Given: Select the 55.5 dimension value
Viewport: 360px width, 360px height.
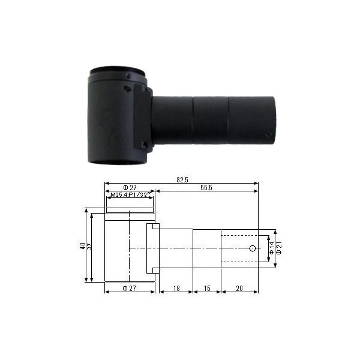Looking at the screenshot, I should pyautogui.click(x=207, y=188).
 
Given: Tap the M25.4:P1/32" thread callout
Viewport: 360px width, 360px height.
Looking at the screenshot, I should pyautogui.click(x=130, y=195).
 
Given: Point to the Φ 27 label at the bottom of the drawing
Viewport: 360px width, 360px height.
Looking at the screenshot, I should pyautogui.click(x=130, y=289).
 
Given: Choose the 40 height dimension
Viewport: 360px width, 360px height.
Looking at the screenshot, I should pyautogui.click(x=83, y=246).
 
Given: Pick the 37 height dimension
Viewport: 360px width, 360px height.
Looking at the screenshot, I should pyautogui.click(x=89, y=246).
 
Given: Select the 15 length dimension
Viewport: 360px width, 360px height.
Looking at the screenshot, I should pyautogui.click(x=206, y=289).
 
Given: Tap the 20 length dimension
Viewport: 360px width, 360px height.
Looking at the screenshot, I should pyautogui.click(x=239, y=289).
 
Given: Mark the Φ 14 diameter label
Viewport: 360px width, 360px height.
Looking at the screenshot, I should pyautogui.click(x=271, y=249).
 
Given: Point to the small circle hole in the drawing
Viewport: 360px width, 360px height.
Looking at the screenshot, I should pyautogui.click(x=253, y=248).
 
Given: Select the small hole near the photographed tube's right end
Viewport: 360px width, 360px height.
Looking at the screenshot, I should pyautogui.click(x=268, y=135).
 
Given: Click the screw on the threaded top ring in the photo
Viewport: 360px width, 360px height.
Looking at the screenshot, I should pyautogui.click(x=128, y=76).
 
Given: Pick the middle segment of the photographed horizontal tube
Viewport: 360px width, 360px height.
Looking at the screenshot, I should pyautogui.click(x=210, y=120).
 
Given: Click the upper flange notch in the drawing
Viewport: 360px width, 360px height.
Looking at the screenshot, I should pyautogui.click(x=153, y=227).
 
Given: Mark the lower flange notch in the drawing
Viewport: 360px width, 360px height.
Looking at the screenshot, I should pyautogui.click(x=153, y=269).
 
